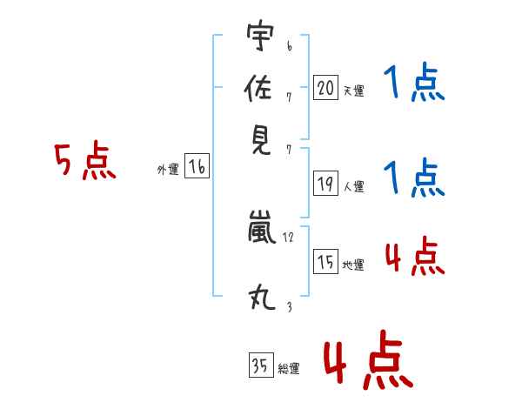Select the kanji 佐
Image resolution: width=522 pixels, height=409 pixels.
[x=260, y=88]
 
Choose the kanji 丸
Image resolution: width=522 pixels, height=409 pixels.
[x=260, y=298]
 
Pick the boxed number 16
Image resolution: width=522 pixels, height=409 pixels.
[x=197, y=168]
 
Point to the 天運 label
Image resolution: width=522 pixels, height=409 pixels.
[x=353, y=91]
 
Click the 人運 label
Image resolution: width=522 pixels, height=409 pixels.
[x=353, y=186]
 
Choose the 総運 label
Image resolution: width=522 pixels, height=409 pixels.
[x=289, y=369]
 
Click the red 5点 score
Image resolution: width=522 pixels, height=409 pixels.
[x=85, y=162]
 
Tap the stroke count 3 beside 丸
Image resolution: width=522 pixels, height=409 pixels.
[x=288, y=305]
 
